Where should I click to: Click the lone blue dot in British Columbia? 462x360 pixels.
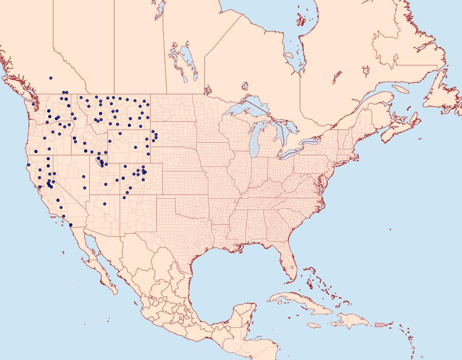coord(50,78)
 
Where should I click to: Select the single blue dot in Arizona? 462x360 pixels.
coord(104,204)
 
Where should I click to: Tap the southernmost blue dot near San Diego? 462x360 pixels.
coord(70,225)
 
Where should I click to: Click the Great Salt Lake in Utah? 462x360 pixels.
coord(97,161)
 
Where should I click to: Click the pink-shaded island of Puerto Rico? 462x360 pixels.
coord(380,324)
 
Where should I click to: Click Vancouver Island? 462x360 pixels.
coord(18,87)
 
